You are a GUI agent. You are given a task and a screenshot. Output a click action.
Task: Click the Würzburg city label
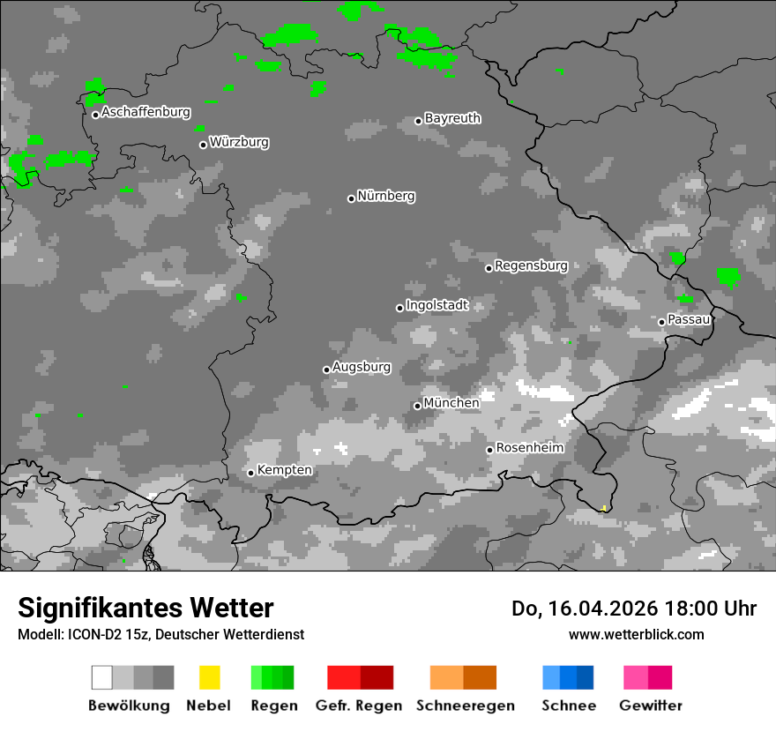pyautogui.click(x=239, y=142)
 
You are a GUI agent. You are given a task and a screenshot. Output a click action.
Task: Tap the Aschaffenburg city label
pyautogui.click(x=145, y=112)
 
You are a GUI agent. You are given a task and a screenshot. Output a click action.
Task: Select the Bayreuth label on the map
pyautogui.click(x=452, y=118)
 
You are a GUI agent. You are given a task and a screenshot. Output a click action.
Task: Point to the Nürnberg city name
pyautogui.click(x=385, y=196)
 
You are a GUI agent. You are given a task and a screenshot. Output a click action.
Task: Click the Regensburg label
pyautogui.click(x=531, y=265)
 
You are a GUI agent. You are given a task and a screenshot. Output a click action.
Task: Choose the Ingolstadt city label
pyautogui.click(x=437, y=306)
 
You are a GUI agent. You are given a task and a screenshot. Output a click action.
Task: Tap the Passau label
pyautogui.click(x=689, y=319)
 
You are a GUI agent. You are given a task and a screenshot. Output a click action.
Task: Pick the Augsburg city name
pyautogui.click(x=362, y=367)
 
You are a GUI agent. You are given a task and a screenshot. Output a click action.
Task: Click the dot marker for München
pyautogui.click(x=418, y=406)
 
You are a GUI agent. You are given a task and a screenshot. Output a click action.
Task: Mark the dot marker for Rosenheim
pyautogui.click(x=489, y=450)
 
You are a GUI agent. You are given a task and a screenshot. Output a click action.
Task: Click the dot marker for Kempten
pyautogui.click(x=251, y=473)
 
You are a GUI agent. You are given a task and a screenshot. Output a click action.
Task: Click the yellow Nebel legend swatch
pyautogui.click(x=209, y=677)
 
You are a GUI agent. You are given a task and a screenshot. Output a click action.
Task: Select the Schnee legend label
pyautogui.click(x=568, y=706)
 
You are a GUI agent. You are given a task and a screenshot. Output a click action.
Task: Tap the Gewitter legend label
pyautogui.click(x=651, y=706)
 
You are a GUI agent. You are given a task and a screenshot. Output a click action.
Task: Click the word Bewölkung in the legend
pyautogui.click(x=129, y=706)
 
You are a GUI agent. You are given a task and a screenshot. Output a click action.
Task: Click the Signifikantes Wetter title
pyautogui.click(x=145, y=609)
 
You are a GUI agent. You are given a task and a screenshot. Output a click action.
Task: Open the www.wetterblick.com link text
pyautogui.click(x=636, y=634)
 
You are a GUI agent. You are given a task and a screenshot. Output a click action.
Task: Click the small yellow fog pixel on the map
pyautogui.click(x=603, y=508)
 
